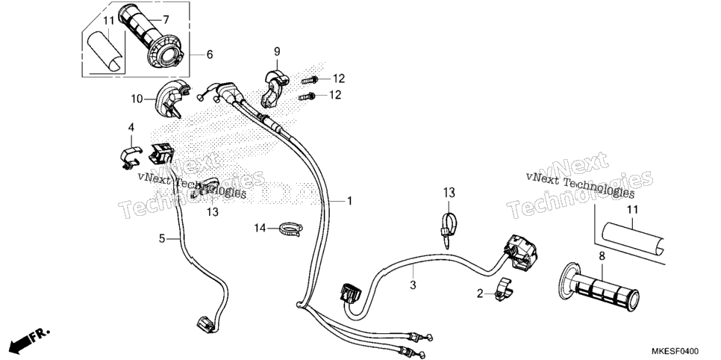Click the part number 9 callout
click(x=277, y=51)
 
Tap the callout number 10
click(x=137, y=99)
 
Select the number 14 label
click(x=260, y=228)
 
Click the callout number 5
click(x=162, y=238)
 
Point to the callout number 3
click(x=413, y=285)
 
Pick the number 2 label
click(x=480, y=294)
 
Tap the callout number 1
click(x=349, y=201)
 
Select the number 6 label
click(x=210, y=55)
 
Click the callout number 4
click(x=131, y=127)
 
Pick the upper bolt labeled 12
click(x=310, y=80)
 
